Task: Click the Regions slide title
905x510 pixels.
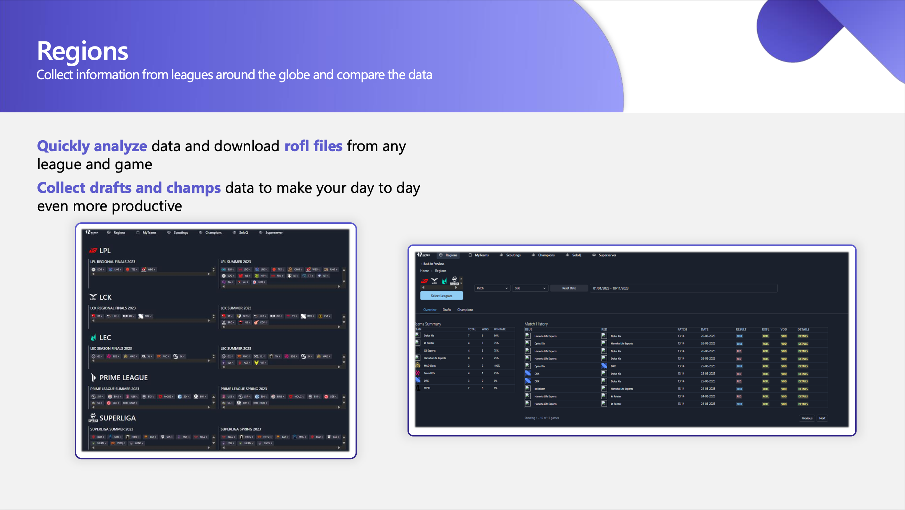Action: click(82, 51)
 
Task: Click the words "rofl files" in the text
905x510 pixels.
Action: click(313, 146)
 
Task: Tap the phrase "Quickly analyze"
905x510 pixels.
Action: click(92, 146)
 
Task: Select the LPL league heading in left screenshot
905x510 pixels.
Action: click(105, 251)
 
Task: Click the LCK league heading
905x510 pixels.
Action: click(105, 297)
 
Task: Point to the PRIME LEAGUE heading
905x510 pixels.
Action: click(123, 378)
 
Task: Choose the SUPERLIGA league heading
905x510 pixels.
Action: click(117, 418)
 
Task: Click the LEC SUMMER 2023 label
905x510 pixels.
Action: click(236, 348)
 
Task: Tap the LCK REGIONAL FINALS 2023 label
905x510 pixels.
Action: click(113, 308)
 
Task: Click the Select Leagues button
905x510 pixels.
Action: click(441, 296)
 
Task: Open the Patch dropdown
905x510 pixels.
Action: click(492, 288)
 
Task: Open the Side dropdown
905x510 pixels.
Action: click(529, 288)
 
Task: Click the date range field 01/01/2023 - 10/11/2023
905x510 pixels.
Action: click(683, 288)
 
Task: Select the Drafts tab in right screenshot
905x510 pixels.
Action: click(447, 310)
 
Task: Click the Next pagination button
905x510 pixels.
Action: click(822, 418)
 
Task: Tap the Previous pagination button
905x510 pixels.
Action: click(807, 418)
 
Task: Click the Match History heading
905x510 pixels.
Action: click(536, 324)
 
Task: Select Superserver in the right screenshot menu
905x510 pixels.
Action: click(607, 255)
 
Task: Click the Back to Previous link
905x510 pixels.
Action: click(433, 264)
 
